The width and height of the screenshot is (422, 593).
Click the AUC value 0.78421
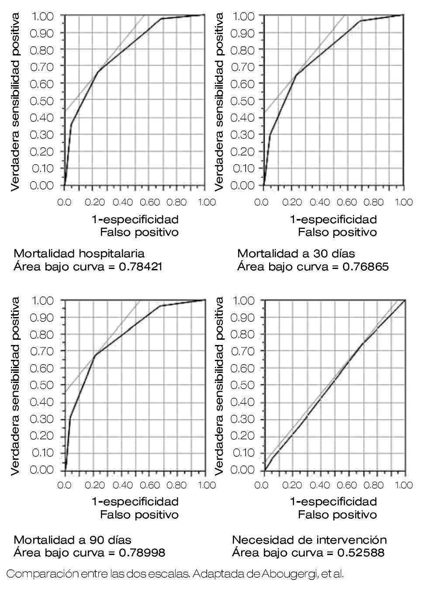tap(141, 266)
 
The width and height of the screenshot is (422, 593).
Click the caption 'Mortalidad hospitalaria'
tap(79, 253)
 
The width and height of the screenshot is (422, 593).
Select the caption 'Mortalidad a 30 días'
tap(296, 253)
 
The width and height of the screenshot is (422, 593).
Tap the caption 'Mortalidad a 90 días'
tap(73, 540)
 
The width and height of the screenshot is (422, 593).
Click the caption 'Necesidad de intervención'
tap(309, 540)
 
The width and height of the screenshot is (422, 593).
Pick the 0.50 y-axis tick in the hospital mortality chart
tap(42, 100)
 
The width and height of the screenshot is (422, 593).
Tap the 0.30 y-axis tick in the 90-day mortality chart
tap(42, 419)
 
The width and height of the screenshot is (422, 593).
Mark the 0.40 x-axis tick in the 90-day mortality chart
tap(122, 485)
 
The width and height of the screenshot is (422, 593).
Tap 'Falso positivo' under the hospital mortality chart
tap(139, 232)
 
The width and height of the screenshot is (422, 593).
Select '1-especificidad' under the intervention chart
tap(333, 501)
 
